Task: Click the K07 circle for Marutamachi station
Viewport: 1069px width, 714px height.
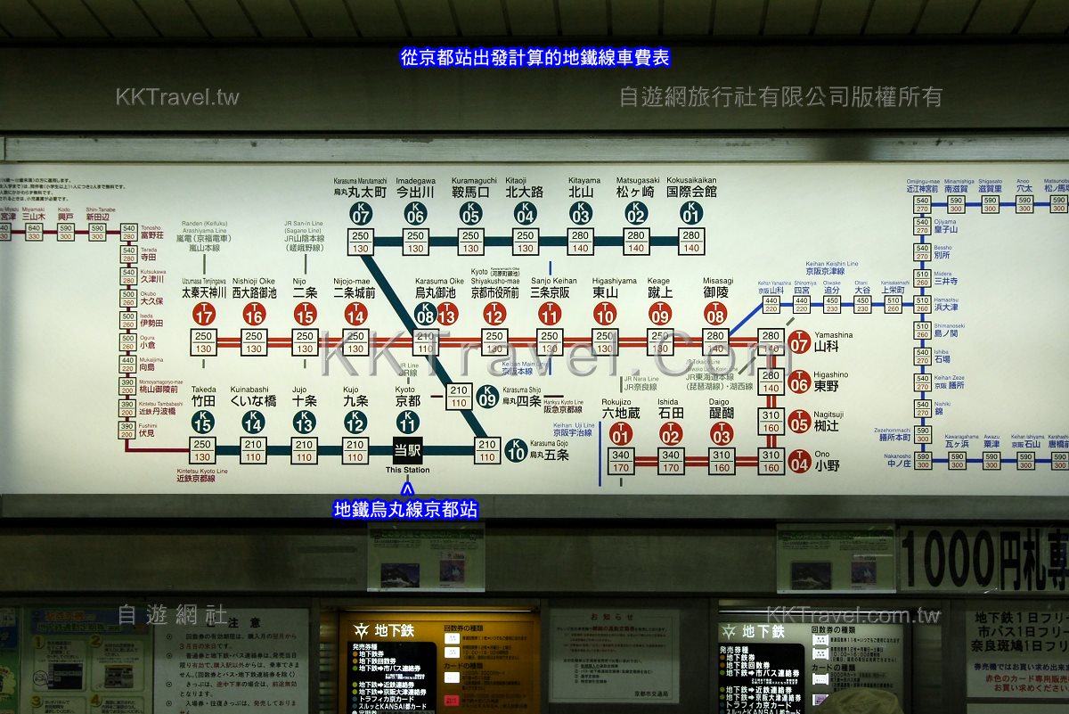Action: [x=361, y=214]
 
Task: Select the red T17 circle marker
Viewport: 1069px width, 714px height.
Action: [x=204, y=314]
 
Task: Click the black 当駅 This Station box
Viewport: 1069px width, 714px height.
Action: [x=408, y=450]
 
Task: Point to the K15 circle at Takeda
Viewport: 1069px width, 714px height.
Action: [x=202, y=422]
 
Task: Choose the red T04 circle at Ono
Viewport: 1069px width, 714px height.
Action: [x=799, y=462]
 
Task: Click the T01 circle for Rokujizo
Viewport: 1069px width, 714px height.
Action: [x=621, y=434]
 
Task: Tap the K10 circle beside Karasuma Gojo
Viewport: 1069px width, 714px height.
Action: [x=516, y=450]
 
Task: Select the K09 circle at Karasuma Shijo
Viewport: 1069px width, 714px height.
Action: [x=487, y=396]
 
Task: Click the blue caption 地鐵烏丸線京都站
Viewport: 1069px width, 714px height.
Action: [x=405, y=509]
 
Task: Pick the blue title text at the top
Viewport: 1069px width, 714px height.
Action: [x=534, y=58]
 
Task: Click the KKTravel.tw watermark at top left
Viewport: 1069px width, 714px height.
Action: [x=177, y=96]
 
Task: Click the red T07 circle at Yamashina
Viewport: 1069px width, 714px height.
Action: [x=799, y=341]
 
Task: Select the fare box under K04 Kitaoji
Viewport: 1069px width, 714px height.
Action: [x=526, y=242]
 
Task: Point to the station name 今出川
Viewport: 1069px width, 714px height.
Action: [x=415, y=192]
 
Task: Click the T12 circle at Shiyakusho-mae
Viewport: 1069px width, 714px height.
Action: [x=494, y=314]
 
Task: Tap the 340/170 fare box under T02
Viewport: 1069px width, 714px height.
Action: [x=670, y=461]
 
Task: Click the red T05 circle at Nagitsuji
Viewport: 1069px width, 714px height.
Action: [x=799, y=422]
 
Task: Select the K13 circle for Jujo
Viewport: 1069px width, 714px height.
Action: [x=305, y=422]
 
